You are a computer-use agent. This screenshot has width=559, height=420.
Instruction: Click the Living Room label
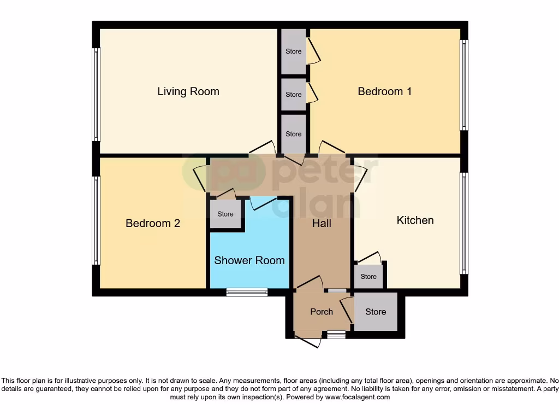tap(188, 91)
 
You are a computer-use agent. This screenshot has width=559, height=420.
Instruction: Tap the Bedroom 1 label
tap(384, 91)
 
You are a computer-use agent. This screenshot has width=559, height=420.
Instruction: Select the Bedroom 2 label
tap(153, 223)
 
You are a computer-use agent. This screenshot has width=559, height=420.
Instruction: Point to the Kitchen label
tap(415, 220)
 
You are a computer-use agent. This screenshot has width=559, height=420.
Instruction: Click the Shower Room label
tap(249, 260)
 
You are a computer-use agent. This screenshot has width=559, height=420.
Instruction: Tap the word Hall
tap(322, 223)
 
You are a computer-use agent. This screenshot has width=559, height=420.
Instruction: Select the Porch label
tap(322, 312)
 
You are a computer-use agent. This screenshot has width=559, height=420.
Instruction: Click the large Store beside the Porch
tap(376, 312)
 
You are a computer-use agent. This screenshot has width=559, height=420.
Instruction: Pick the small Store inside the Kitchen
tap(368, 277)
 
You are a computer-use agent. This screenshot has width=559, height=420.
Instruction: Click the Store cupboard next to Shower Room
tap(225, 214)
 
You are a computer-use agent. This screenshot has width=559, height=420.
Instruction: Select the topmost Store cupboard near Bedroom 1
tap(294, 51)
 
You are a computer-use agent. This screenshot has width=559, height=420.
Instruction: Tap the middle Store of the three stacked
tap(294, 95)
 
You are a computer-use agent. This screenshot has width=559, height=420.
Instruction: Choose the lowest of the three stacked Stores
tap(294, 134)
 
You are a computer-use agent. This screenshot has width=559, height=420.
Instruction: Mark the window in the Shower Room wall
tap(247, 293)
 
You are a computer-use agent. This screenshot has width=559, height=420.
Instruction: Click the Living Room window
tap(96, 94)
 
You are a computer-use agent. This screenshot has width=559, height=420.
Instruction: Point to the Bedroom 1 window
tap(464, 85)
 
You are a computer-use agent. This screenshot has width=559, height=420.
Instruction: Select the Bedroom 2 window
tap(96, 220)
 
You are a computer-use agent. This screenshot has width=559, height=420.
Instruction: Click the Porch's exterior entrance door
tap(307, 340)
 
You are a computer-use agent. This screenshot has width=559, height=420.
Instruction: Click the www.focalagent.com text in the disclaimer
tap(357, 397)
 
